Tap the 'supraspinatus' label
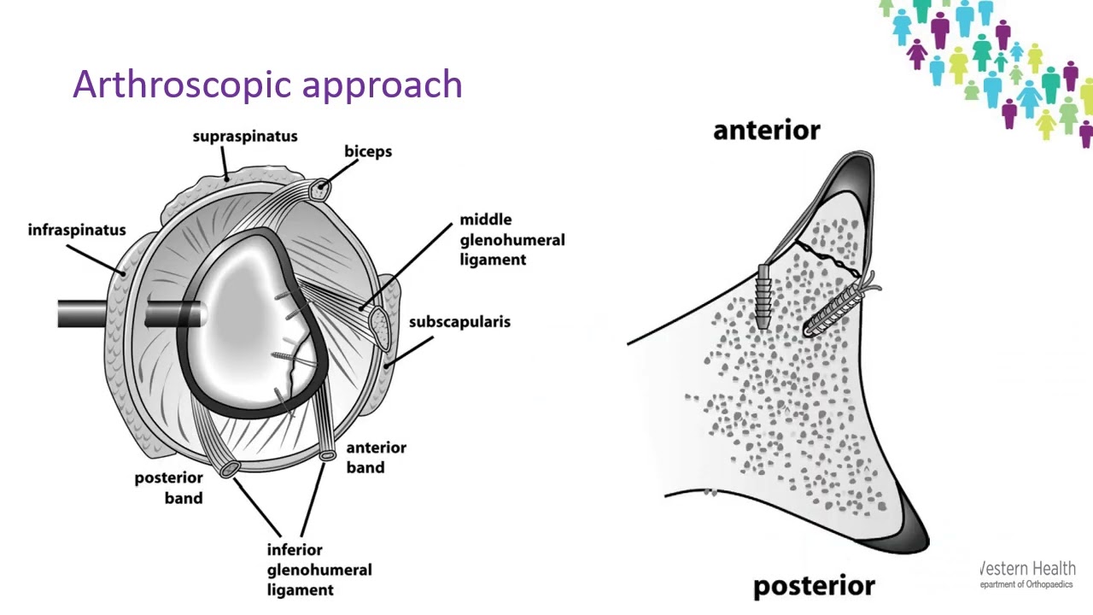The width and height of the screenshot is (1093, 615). pos(245,136)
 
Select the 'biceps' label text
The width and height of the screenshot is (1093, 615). pos(368,152)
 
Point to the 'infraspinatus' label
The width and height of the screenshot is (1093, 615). pos(77,230)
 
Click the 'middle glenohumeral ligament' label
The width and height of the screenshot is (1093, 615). pos(511,240)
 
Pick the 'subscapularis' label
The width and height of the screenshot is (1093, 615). pos(459,322)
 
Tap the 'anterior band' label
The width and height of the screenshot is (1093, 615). pos(377,458)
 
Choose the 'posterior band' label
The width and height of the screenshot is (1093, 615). pos(169,488)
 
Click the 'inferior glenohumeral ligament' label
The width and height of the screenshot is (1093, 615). pos(319,570)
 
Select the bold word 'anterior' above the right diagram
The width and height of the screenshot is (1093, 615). pos(767,131)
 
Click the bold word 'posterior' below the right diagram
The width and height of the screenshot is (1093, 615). pos(814,586)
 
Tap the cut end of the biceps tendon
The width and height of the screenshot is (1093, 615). pos(322,190)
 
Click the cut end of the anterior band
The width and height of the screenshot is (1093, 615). pos(327,455)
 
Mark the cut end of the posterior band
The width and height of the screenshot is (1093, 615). pos(230,469)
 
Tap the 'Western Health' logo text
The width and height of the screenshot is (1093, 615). pos(1027,569)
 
